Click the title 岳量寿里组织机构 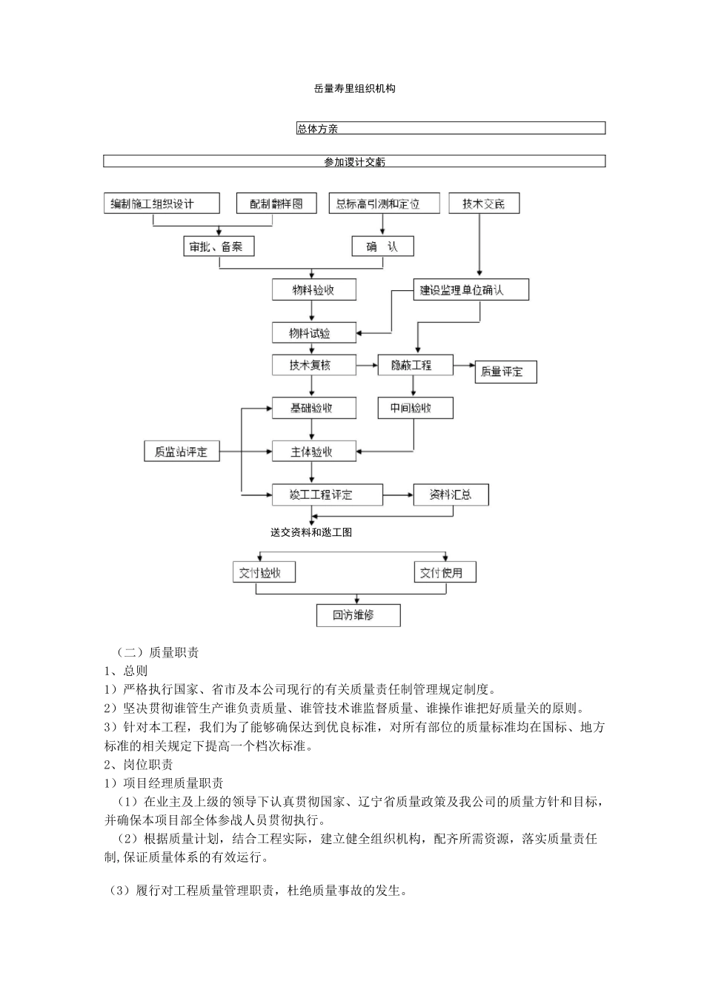(x=354, y=89)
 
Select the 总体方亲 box (x=451, y=129)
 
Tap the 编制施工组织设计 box (x=162, y=204)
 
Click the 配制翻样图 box (x=276, y=204)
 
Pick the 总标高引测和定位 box (x=384, y=204)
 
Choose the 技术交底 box (x=484, y=204)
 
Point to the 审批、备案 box (x=219, y=247)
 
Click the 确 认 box (x=382, y=247)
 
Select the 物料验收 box (x=313, y=289)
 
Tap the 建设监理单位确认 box (x=471, y=289)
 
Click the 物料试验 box (x=313, y=333)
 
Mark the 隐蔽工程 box (x=415, y=365)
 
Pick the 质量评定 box (x=505, y=372)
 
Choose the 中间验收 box (x=415, y=408)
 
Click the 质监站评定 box (x=182, y=452)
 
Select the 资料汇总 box (x=451, y=495)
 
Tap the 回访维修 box (x=358, y=615)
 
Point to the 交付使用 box (x=445, y=572)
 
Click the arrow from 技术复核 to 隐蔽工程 (x=367, y=365)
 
